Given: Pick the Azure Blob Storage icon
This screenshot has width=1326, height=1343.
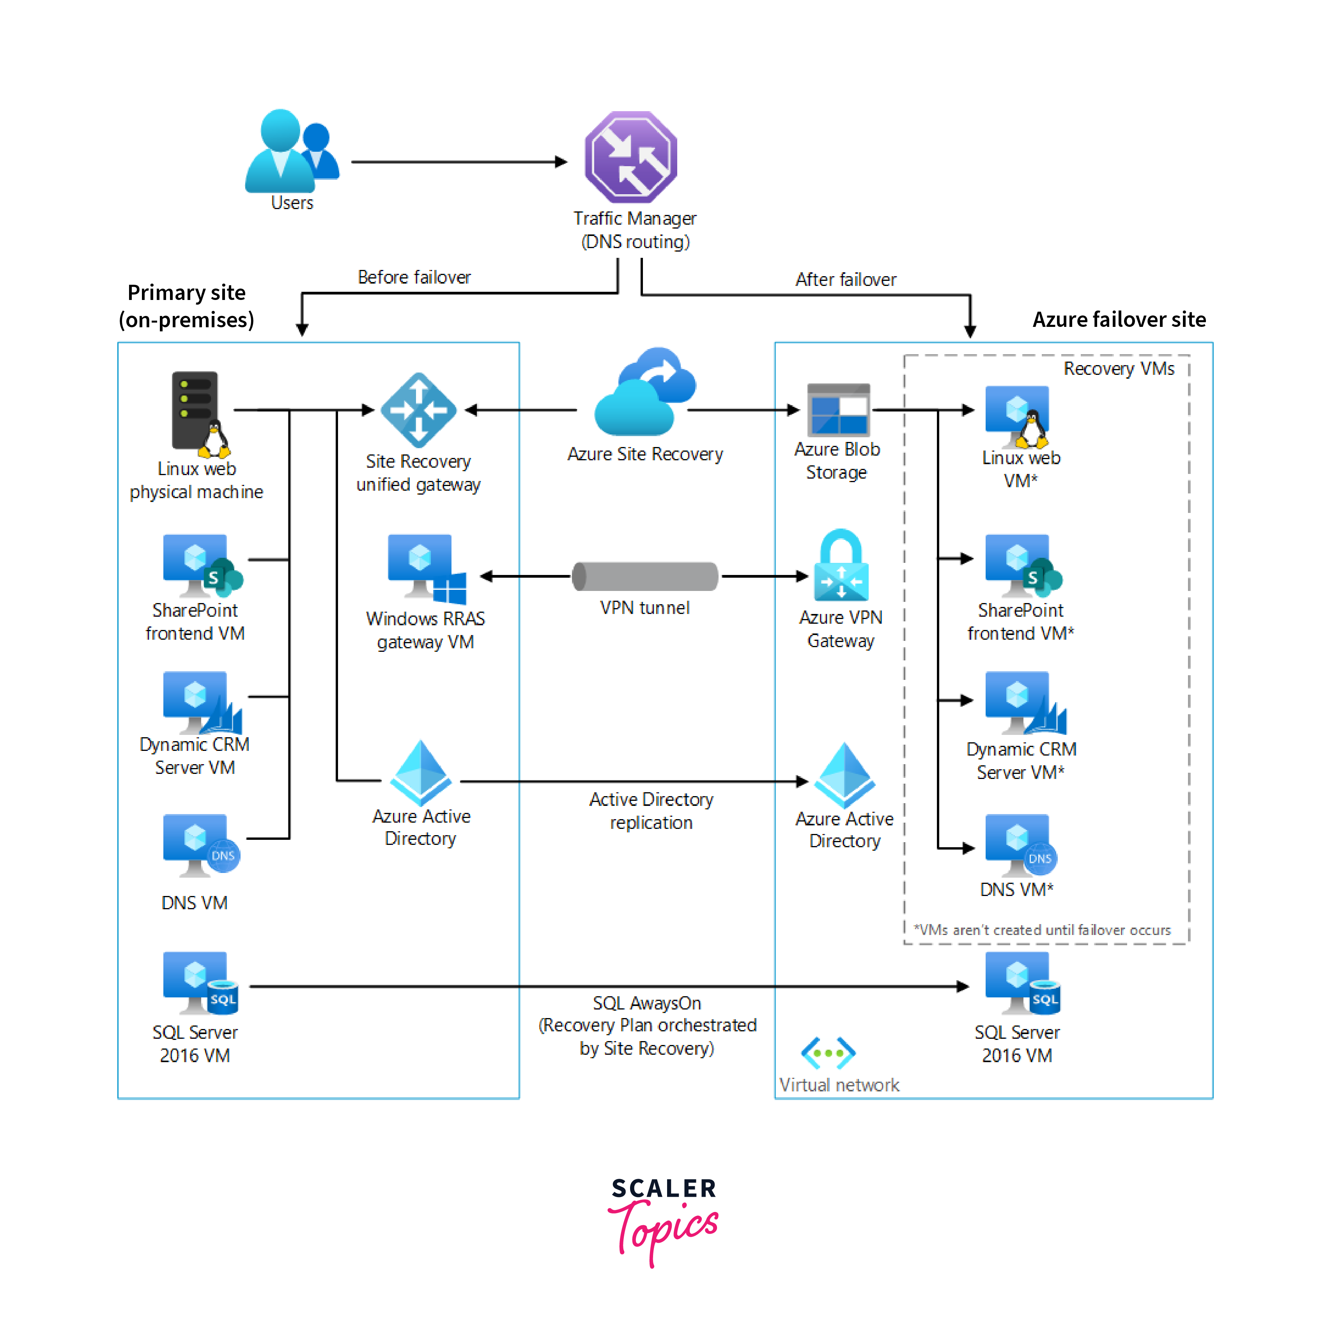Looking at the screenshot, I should (838, 410).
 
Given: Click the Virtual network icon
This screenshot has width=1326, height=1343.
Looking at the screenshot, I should (828, 1053).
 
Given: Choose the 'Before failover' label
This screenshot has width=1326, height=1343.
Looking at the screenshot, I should (414, 277).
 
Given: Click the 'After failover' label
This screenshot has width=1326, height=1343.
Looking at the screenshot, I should (845, 279).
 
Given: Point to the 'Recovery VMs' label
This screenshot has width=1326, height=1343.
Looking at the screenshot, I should (1118, 369).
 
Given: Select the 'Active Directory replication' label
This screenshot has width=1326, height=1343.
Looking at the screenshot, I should (650, 811).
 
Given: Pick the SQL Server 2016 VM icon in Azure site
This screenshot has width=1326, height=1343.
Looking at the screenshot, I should (1021, 984).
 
